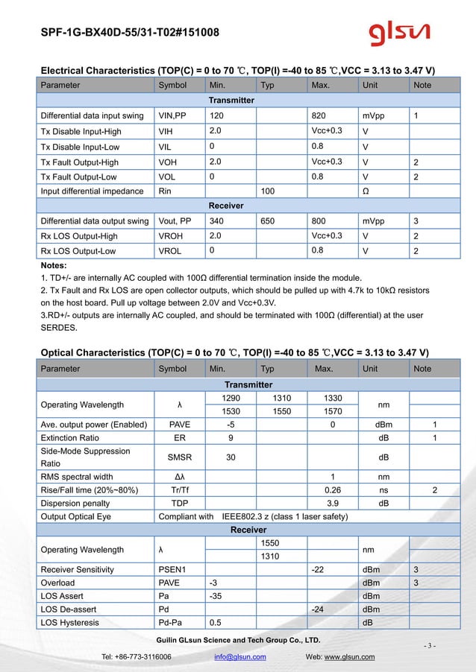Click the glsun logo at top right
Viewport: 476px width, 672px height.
(x=399, y=33)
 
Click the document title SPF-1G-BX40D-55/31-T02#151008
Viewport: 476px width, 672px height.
(x=130, y=33)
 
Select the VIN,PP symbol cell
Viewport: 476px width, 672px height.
(x=172, y=115)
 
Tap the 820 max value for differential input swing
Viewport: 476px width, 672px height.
(x=319, y=115)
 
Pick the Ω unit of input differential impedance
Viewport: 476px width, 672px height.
(x=366, y=191)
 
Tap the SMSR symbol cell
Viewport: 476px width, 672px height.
(x=175, y=457)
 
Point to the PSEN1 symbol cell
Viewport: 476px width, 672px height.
(x=172, y=570)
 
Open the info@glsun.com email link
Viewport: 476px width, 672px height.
(x=239, y=656)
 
